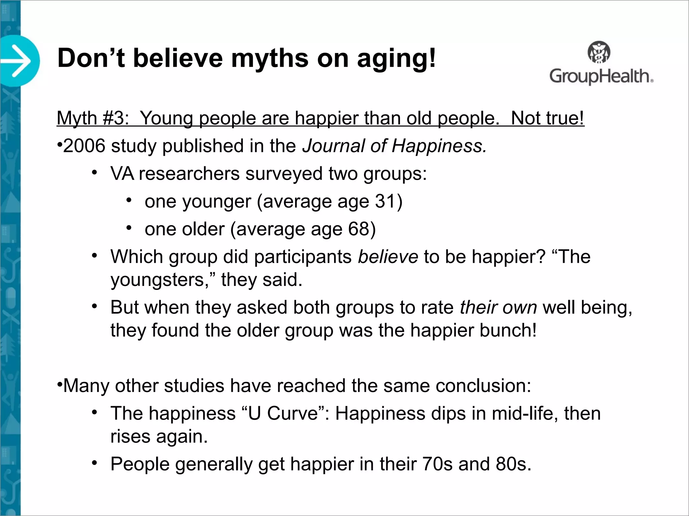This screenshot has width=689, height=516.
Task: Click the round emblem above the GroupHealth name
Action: [599, 52]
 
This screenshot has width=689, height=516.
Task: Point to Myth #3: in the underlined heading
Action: [93, 118]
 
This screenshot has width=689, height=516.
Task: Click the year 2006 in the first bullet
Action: [84, 146]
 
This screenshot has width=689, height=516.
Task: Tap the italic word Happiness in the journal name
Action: [439, 146]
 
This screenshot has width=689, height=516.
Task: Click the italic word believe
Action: [388, 257]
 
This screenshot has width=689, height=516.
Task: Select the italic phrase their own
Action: [498, 307]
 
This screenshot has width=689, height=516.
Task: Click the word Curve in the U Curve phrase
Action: [293, 413]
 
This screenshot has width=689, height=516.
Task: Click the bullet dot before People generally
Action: [95, 463]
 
